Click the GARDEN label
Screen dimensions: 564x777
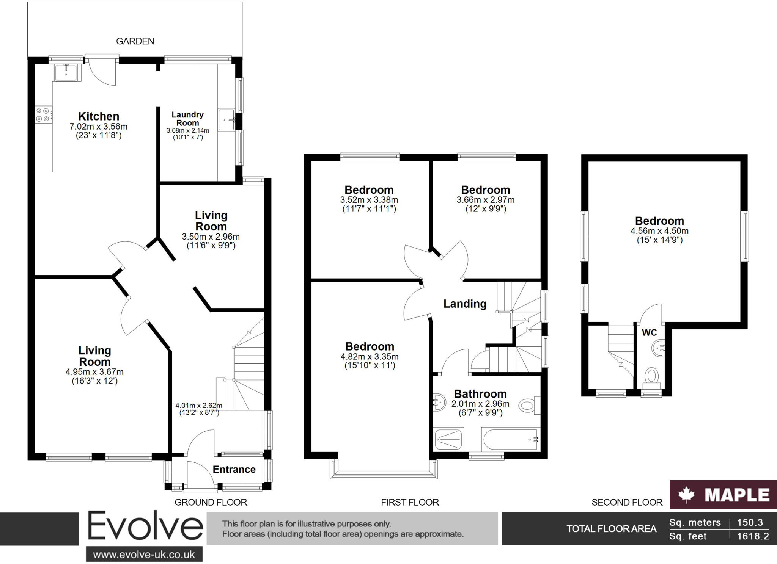coord(135,41)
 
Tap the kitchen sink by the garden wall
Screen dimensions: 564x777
coord(66,72)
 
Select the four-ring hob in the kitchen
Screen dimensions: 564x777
coord(43,115)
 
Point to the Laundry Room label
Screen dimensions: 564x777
coord(187,119)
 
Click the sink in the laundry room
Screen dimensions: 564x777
coord(226,120)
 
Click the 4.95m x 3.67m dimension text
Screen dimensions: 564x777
coord(94,372)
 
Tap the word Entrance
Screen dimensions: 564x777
coord(234,470)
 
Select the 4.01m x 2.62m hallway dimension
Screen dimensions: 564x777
coord(198,406)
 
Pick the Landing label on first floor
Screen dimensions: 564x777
coord(465,304)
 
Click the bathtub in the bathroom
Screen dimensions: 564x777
coord(510,440)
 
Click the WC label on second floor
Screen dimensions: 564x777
coord(649,333)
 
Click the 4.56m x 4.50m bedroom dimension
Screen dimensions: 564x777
coord(659,231)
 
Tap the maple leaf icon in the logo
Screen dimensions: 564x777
coord(686,495)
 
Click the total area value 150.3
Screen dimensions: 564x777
coord(750,522)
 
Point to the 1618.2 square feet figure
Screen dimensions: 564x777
coord(753,536)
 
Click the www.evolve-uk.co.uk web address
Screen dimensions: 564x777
coord(144,555)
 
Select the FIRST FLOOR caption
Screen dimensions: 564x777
coord(410,502)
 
